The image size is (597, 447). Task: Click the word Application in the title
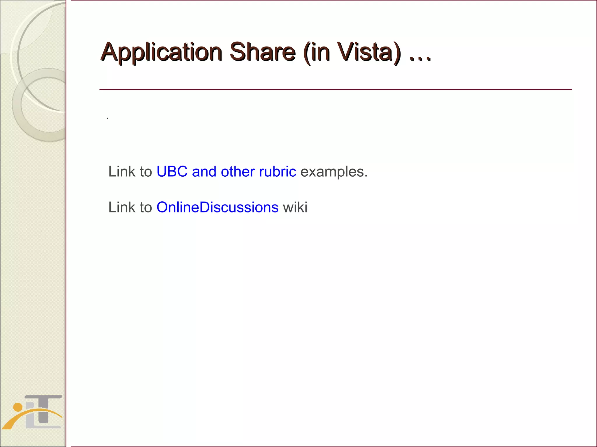(x=161, y=52)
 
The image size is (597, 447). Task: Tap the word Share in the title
(x=262, y=52)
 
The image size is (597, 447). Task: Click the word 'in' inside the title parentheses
(x=320, y=52)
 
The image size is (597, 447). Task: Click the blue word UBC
(x=172, y=172)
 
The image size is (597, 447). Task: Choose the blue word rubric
(x=278, y=172)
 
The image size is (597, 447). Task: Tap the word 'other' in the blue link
(x=238, y=172)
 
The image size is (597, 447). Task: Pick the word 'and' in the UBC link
(x=204, y=172)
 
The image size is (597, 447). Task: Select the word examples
(x=334, y=172)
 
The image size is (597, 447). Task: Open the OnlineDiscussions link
(x=217, y=207)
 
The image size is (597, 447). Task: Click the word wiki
(x=295, y=207)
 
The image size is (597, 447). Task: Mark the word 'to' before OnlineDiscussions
(x=146, y=207)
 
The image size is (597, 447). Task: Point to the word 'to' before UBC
(x=146, y=172)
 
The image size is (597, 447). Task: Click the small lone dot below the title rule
(x=108, y=118)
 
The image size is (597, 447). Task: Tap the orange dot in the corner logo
(x=18, y=407)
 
